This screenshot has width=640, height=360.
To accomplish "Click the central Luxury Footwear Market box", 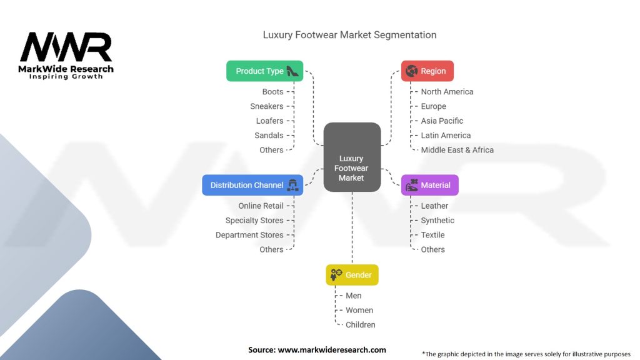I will coord(352,157).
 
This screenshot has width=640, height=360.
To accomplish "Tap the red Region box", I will coord(427,71).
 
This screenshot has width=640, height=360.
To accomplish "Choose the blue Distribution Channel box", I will coord(252,185).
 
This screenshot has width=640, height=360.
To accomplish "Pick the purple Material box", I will coord(429,185).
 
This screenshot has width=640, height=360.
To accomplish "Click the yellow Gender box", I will coord(352,275).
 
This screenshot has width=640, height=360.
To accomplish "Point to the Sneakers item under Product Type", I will coord(267,106).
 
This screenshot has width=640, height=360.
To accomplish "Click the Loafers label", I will coord(269,121).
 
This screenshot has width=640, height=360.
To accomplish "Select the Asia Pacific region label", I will coord(442,121).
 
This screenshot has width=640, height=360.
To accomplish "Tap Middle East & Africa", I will coord(457,150).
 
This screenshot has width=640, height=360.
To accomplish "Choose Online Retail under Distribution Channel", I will coord(261,206).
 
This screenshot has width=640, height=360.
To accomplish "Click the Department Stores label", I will coord(249,235).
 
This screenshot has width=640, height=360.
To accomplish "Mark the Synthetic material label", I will coord(437,220).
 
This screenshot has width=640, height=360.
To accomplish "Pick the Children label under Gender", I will coord(361,324).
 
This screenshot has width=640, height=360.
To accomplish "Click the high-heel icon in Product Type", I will coord(293,71).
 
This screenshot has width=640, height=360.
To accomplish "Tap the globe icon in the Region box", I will coord(411,71).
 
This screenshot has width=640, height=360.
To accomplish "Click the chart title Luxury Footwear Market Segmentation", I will coord(349,35).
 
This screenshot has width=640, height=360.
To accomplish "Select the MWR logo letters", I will coord(66,47).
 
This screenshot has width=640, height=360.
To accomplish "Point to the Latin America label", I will coord(446,135).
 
